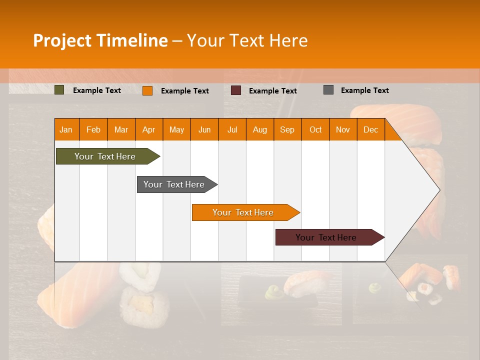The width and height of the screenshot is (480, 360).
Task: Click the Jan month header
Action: point(66,129)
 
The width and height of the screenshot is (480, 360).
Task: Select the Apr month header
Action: point(148,129)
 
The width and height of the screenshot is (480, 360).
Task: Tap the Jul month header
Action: point(232,129)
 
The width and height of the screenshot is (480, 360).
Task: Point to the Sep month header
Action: point(287,129)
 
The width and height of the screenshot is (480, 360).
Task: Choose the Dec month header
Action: point(370,129)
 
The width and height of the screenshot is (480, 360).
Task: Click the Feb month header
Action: point(93,129)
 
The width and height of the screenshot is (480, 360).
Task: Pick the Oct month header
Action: point(315,129)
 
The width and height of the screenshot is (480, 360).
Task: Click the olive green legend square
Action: point(59,90)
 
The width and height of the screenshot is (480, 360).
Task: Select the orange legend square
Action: point(147,90)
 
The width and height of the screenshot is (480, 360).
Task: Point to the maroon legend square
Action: point(236,90)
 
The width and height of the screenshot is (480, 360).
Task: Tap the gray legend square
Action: point(328,90)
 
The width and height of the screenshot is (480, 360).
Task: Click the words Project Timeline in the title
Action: point(100,40)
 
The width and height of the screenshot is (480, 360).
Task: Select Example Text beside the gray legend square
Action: point(364,90)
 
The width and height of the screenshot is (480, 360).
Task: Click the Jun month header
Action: point(204,129)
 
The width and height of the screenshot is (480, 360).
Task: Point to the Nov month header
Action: point(343,129)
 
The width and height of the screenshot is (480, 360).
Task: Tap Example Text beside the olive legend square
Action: point(97,90)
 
